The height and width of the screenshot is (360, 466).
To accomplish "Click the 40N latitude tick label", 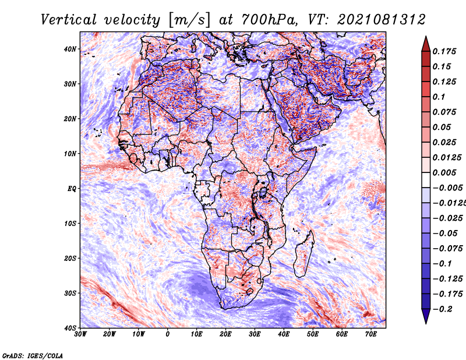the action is pos(70,49).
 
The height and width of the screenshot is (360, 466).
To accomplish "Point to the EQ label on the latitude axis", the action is pos(72,189).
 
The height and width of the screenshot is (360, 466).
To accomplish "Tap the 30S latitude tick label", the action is pos(70,293).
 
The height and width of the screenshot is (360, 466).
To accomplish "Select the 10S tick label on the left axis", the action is pos(70,223).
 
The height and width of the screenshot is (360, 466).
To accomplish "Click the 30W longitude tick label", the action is pos(80,334).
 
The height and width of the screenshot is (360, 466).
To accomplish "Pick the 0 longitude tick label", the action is pos(168,334).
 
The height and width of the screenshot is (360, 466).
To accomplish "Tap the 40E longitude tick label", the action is pos(284,334).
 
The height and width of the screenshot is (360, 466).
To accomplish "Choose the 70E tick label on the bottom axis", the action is pos(371,334).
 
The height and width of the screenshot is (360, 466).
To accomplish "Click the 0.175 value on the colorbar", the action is pos(444,51).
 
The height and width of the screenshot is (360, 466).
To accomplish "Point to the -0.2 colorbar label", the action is pos(443,309).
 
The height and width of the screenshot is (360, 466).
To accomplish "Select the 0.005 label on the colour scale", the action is pos(444,172).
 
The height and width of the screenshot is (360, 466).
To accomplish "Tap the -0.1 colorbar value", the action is pos(443,263).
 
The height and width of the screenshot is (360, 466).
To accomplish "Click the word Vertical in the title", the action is pos(69,20).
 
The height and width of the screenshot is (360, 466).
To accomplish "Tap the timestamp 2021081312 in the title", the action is pos(382,20).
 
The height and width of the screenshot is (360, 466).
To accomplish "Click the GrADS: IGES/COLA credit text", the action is pos(33,355).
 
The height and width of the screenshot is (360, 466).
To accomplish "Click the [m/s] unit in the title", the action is pos(189,20).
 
